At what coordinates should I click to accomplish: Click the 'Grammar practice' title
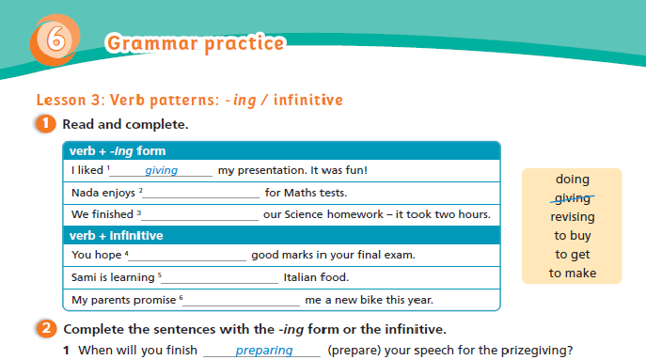195,43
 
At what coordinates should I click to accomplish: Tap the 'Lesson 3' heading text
189,100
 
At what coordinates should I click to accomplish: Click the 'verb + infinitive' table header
118,235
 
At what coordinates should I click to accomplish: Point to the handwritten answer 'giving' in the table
161,171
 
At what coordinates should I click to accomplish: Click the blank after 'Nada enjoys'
200,194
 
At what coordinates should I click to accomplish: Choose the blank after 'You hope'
187,256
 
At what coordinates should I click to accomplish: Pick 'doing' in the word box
572,180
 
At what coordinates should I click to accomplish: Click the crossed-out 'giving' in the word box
572,198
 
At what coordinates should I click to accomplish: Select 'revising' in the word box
572,217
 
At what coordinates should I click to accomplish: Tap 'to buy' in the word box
572,236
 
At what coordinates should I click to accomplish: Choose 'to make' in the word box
572,274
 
